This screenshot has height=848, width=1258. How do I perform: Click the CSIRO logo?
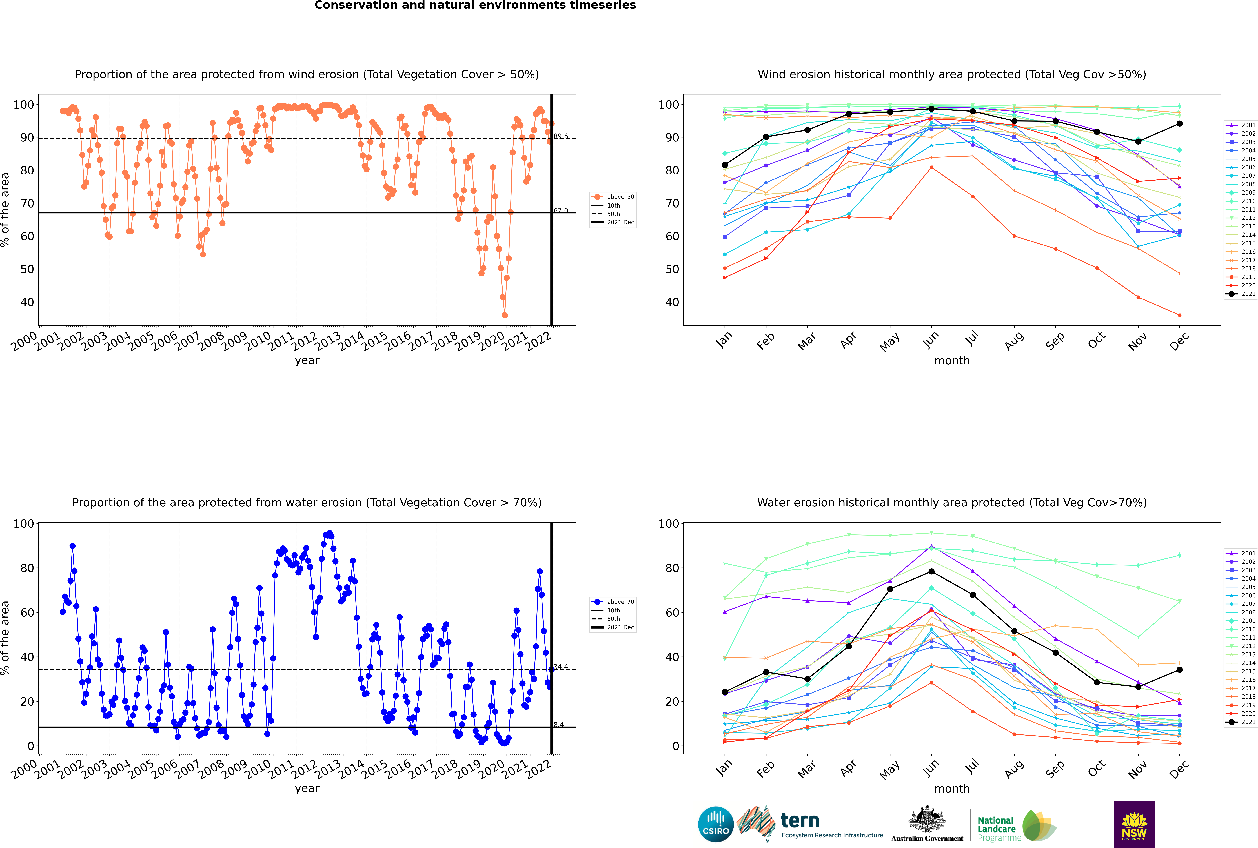[716, 824]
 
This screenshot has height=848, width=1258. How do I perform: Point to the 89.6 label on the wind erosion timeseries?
[561, 136]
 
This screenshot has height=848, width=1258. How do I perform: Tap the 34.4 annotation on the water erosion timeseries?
[561, 667]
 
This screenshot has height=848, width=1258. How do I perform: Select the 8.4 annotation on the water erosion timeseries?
[559, 725]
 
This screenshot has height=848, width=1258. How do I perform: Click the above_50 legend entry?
[613, 197]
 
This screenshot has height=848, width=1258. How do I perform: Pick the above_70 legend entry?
[613, 602]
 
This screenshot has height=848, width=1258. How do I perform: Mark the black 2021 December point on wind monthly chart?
[1180, 124]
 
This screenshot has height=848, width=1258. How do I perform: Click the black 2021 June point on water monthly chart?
[931, 572]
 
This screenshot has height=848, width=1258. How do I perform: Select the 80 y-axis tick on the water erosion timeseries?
[27, 568]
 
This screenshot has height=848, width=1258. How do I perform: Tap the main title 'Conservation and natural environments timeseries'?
[475, 5]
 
